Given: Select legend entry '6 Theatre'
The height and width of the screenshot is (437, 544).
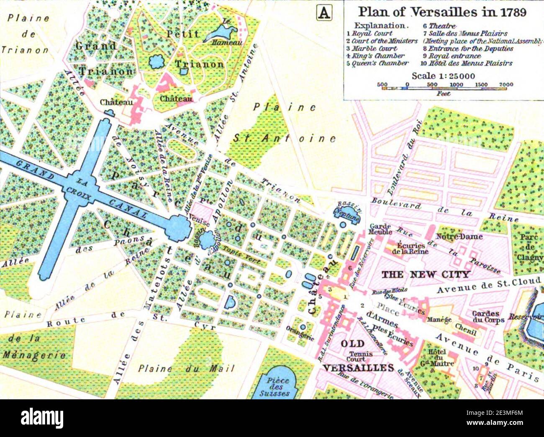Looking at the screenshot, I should (x=439, y=26).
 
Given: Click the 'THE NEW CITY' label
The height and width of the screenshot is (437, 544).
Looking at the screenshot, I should (x=426, y=275).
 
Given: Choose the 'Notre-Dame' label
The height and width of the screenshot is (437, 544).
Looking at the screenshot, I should (x=459, y=236).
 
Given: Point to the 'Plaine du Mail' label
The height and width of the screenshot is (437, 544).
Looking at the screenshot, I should (x=186, y=369).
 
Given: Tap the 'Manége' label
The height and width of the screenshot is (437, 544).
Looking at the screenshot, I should (x=439, y=320).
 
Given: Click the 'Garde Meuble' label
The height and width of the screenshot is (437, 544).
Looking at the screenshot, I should (x=380, y=229).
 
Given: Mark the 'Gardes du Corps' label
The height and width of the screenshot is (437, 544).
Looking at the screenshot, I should (x=485, y=316).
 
